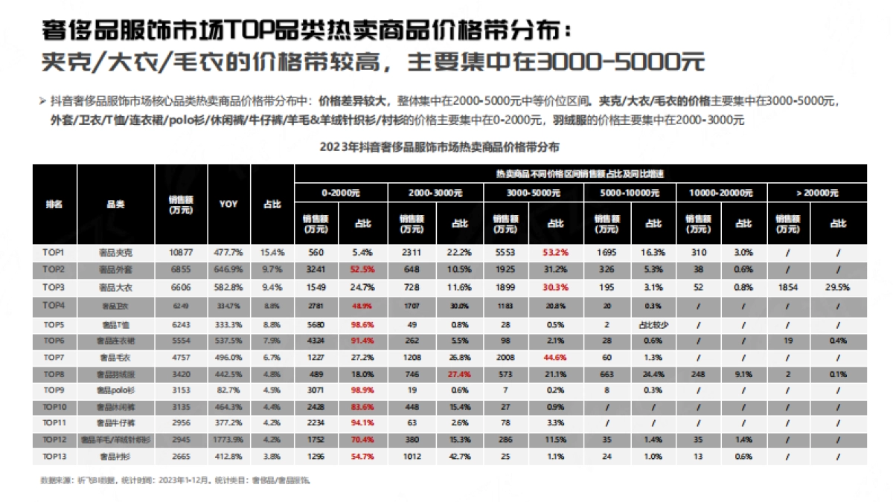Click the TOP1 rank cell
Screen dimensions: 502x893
tap(54, 253)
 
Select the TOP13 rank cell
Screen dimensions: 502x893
tap(54, 455)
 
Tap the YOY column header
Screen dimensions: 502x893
tap(228, 204)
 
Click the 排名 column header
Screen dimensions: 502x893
tap(54, 204)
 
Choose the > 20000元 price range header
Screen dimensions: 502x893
tap(816, 193)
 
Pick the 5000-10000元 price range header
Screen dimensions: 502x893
tap(628, 193)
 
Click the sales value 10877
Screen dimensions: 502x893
tap(182, 253)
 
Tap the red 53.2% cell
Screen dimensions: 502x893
tap(556, 253)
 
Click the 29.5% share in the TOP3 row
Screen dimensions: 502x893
tap(838, 287)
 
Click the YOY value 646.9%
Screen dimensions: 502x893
tap(228, 268)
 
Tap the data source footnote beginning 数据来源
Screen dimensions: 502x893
tap(175, 480)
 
